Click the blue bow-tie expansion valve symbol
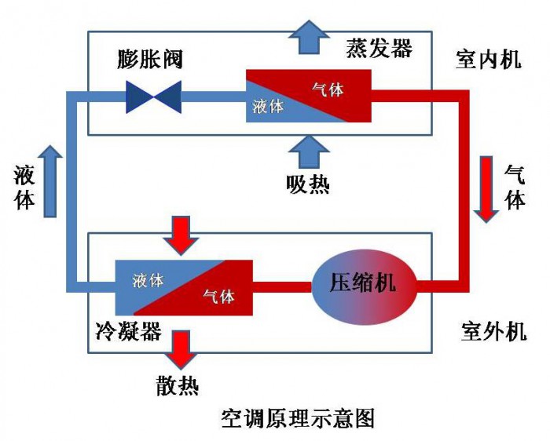pyautogui.click(x=155, y=98)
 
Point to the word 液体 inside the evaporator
pyautogui.click(x=268, y=107)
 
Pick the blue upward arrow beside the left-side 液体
pyautogui.click(x=50, y=180)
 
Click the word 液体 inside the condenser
pyautogui.click(x=148, y=279)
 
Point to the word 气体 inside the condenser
pyautogui.click(x=218, y=297)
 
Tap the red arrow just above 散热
pyautogui.click(x=180, y=349)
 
